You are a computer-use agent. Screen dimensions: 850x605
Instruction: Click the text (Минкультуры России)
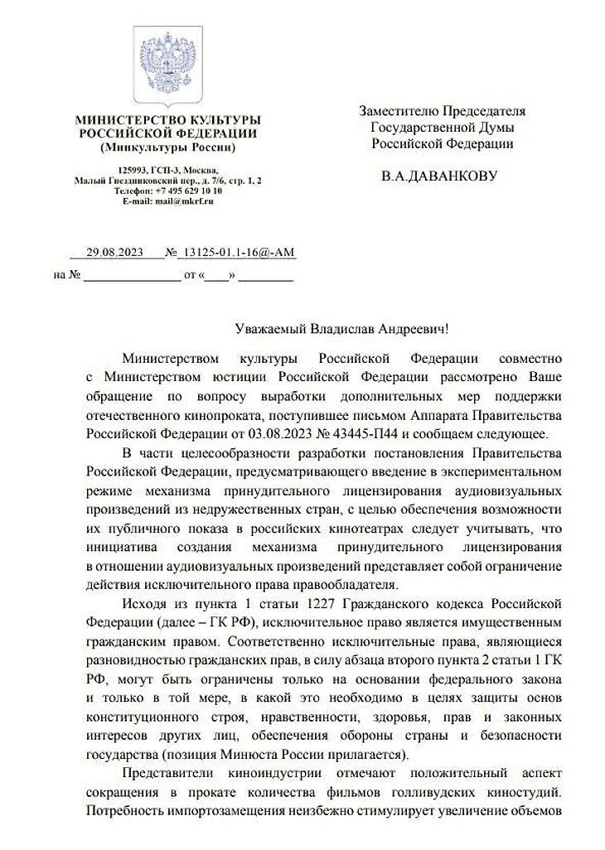[x=167, y=147]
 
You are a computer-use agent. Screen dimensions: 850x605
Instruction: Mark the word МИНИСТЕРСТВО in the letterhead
[x=123, y=121]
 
